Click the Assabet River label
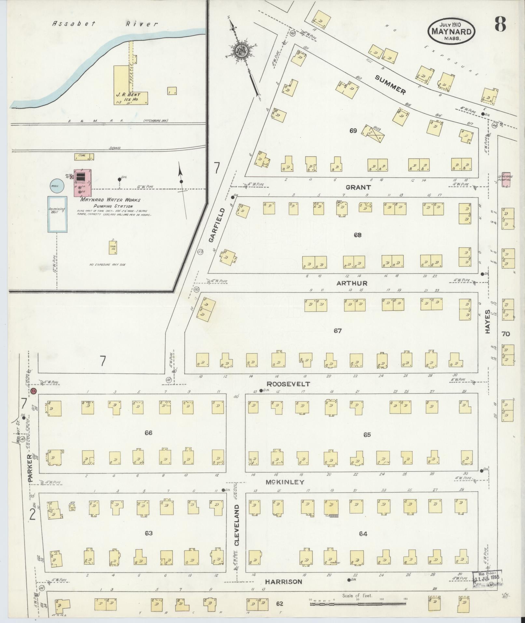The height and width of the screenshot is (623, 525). (x=105, y=24)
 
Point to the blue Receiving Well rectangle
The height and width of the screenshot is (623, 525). (x=58, y=214)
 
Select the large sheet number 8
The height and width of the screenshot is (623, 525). (x=500, y=24)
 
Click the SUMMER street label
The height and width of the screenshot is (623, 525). (x=390, y=84)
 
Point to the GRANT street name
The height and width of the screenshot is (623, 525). (x=358, y=187)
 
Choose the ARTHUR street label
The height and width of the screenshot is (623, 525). (x=352, y=283)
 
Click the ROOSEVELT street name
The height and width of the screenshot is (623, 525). (x=288, y=384)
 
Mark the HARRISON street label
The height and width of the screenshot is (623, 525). (x=283, y=581)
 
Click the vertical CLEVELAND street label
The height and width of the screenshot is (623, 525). (x=237, y=530)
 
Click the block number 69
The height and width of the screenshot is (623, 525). (x=353, y=131)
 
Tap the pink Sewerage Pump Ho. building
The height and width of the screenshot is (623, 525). (x=505, y=180)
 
